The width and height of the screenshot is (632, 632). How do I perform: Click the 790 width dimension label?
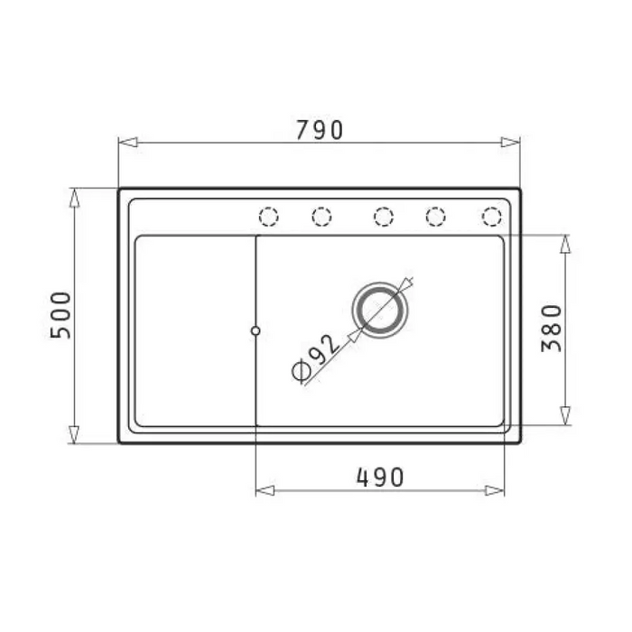320,130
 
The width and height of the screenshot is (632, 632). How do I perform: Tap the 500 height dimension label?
60,315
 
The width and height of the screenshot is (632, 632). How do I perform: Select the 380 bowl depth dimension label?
552,329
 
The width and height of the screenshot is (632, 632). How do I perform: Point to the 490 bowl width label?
380,478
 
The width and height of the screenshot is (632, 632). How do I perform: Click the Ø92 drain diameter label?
316,358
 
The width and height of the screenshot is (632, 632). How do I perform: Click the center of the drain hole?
380,311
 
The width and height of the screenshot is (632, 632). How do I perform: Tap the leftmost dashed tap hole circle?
269,217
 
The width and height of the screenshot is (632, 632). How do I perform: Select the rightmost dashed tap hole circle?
492,217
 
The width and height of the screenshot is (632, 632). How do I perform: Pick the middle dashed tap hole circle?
384,217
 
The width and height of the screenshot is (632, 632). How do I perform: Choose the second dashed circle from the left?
321,217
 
